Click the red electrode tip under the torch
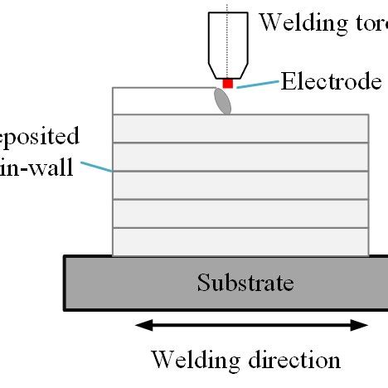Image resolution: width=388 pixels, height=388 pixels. coord(228,84)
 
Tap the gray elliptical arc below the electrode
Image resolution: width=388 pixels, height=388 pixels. coord(223,100)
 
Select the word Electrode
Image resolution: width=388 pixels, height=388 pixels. coord(330,81)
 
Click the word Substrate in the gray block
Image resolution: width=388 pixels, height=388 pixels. coord(245,284)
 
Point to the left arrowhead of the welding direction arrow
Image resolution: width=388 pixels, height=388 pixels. coord(142,325)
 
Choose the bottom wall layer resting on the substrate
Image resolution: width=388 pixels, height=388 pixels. coord(240,242)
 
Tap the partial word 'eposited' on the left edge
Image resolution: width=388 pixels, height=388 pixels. coord(39,137)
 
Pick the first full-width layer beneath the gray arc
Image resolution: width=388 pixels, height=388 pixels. coord(240,129)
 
